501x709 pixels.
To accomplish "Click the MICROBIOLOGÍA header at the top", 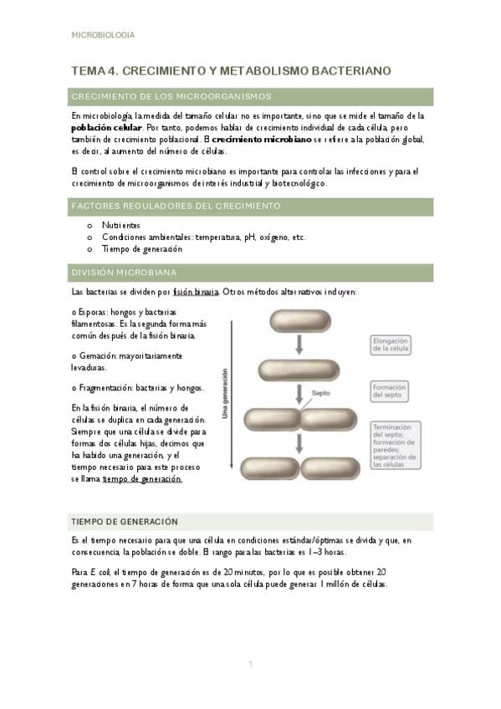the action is pos(103,35).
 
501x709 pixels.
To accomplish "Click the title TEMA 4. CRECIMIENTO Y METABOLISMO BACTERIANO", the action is pos(231,71).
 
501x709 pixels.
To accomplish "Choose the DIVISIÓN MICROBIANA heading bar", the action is pos(251,273).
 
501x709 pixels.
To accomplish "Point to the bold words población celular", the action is pos(107,128).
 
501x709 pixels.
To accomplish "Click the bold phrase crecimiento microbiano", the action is pos(262,140).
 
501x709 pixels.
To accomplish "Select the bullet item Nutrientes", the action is pos(121,225).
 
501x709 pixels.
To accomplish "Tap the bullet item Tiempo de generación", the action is pos(142,249).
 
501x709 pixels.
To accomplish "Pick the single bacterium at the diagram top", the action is pos(300,322).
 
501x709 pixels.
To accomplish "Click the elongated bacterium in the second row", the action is pos(299,370).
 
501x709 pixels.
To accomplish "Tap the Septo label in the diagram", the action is pos(320,394).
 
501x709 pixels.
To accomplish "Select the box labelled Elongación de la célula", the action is pos(391,345).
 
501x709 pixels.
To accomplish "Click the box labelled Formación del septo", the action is pos(389,391).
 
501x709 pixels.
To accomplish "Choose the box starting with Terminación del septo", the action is pos(396,446).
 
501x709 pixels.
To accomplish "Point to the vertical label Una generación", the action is pos(225,394).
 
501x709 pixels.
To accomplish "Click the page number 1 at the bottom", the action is pos(251,664).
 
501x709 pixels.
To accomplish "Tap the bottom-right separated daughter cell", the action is pos(330,468).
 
